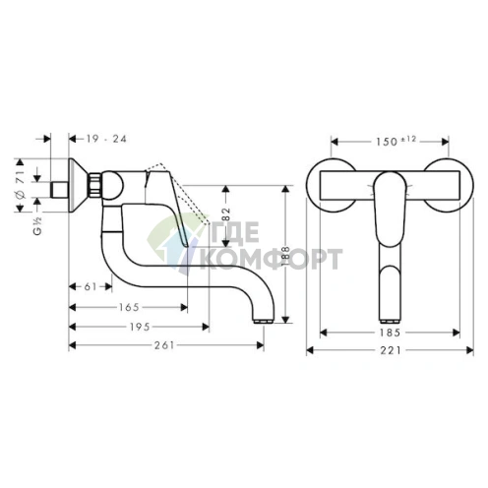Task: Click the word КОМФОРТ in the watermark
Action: [272, 260]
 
